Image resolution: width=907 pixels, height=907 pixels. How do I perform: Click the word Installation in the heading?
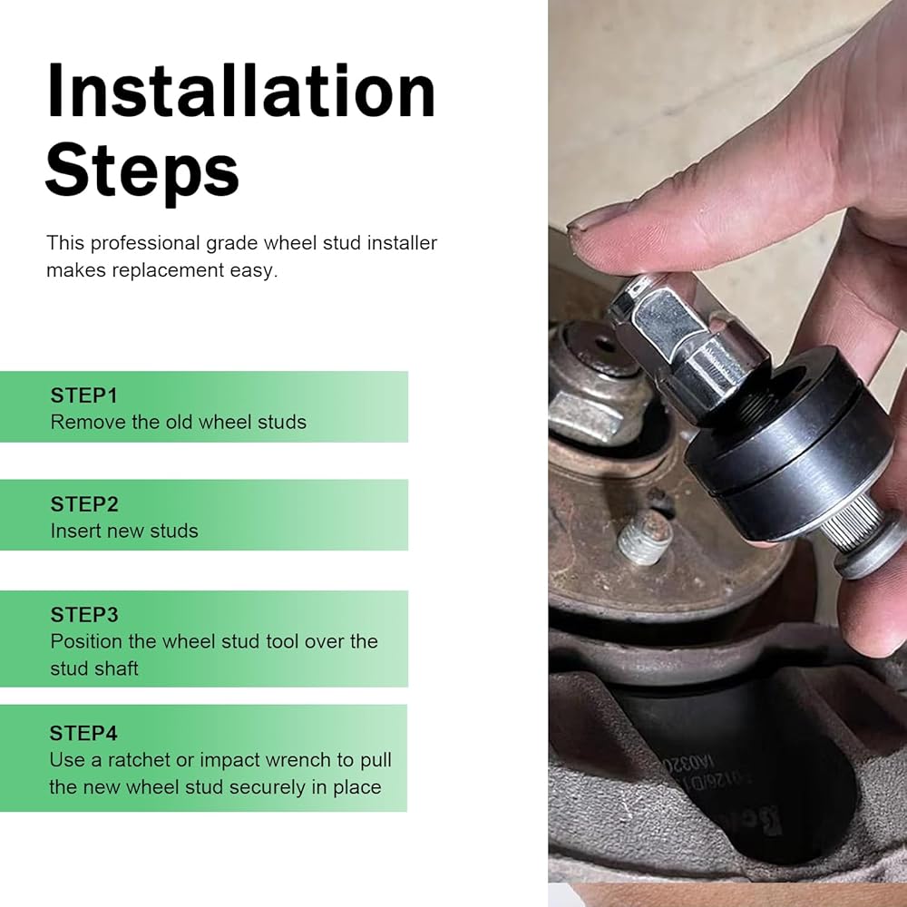point(240,91)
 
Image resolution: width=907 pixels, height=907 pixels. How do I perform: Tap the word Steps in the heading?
point(142,171)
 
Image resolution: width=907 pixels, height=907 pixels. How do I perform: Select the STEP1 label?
point(83,395)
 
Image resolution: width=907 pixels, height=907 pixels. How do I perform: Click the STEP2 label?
point(84,504)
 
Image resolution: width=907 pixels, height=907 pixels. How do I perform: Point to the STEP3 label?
point(84,615)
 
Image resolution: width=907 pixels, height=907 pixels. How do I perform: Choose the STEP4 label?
point(83,734)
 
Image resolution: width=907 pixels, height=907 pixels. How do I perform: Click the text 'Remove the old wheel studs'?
point(178,422)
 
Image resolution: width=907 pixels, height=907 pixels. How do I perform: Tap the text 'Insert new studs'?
point(124,531)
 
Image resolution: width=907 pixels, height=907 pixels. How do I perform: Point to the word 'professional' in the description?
point(145,243)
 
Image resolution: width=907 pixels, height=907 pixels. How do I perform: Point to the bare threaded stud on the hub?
point(644,537)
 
